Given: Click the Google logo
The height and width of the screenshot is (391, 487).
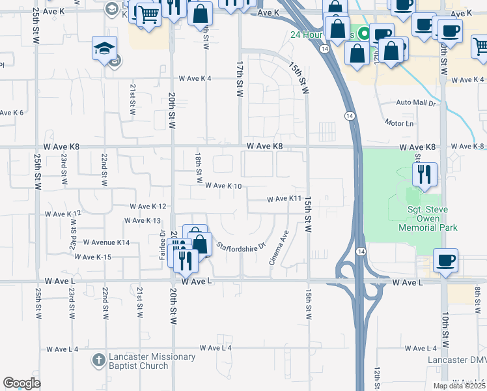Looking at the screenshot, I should (21, 383).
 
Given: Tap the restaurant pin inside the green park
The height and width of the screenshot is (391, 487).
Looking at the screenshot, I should (424, 174).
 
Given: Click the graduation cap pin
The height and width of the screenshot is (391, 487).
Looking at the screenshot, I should (104, 49).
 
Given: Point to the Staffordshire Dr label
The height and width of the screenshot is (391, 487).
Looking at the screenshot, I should (242, 247).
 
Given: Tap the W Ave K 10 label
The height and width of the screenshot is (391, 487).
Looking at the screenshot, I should (224, 186).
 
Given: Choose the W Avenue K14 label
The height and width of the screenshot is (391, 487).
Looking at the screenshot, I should (107, 242).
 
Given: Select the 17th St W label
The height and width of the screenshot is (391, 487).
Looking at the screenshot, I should (240, 80).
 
